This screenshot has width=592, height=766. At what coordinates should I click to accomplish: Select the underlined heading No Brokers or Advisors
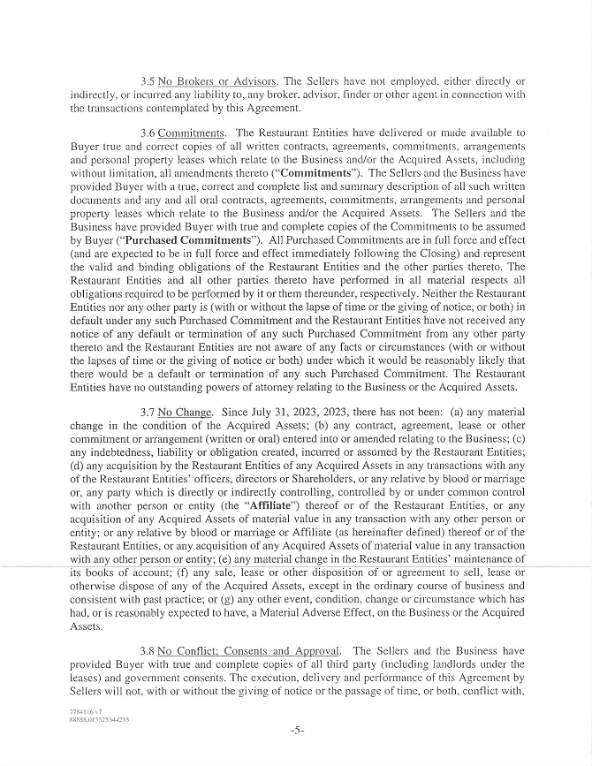[208, 81]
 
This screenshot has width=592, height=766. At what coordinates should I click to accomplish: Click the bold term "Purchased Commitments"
[184, 239]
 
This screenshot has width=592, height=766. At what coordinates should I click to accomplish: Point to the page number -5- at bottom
[296, 731]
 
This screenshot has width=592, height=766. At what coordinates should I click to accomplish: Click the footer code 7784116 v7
[84, 710]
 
